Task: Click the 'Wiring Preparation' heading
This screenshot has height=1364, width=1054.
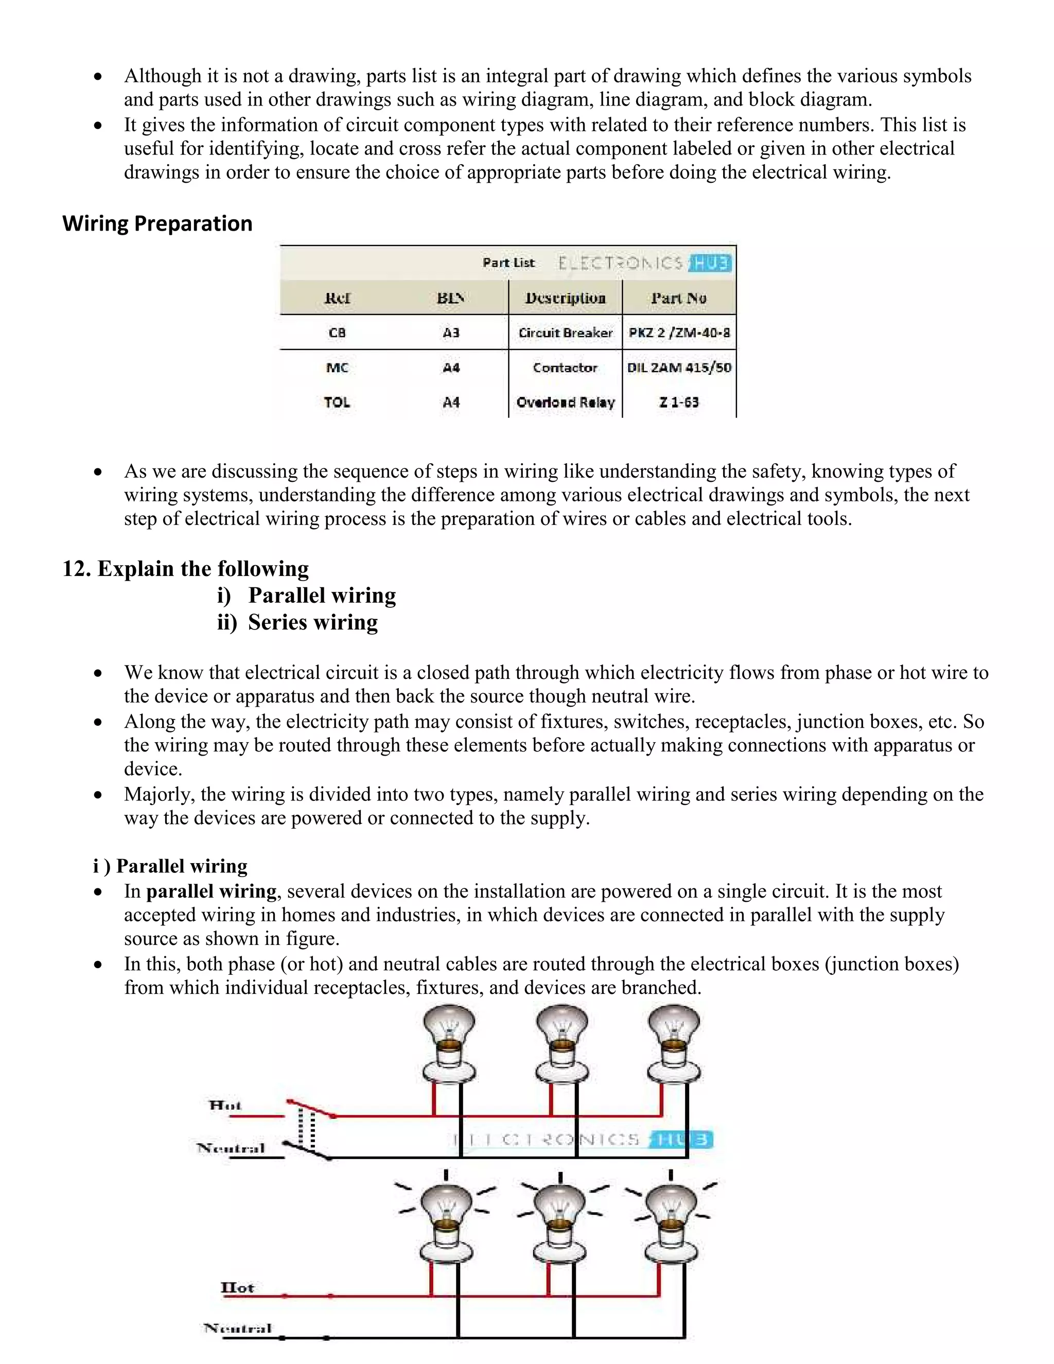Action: [x=157, y=223]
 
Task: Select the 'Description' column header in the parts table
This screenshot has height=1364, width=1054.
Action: [x=565, y=298]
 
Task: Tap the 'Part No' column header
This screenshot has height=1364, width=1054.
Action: [x=679, y=298]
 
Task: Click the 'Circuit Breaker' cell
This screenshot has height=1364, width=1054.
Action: [x=565, y=333]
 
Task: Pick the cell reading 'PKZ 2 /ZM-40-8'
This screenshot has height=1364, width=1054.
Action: [x=679, y=333]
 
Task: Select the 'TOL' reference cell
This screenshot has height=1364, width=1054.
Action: [x=337, y=402]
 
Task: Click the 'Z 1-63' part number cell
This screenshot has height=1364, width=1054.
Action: [x=679, y=402]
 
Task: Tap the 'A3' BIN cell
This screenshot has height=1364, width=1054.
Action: [x=451, y=333]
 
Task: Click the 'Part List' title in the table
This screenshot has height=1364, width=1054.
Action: [x=508, y=263]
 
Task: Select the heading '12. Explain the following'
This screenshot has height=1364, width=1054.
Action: [x=185, y=568]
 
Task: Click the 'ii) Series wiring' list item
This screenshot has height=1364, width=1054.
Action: [x=298, y=622]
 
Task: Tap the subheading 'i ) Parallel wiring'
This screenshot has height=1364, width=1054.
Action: [x=170, y=866]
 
